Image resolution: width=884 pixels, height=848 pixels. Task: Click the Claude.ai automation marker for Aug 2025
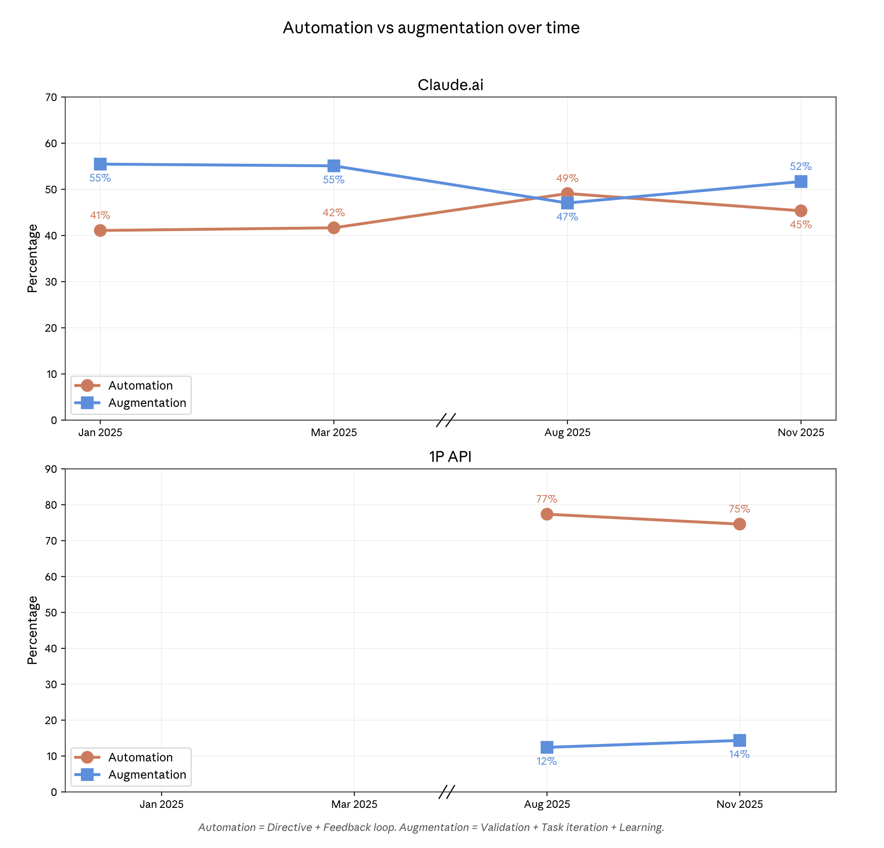pos(567,193)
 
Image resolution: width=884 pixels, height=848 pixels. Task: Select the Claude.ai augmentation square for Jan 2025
pos(100,164)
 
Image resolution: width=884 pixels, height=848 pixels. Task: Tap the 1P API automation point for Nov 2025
pos(739,524)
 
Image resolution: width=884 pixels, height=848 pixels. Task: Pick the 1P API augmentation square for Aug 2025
pos(547,747)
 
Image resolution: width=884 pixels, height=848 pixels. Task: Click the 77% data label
pos(547,499)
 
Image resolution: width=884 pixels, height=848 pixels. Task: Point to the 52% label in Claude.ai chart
pos(800,167)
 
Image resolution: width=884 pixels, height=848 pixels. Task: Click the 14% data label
pos(739,754)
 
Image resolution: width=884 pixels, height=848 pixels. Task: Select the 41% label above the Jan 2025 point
pos(100,215)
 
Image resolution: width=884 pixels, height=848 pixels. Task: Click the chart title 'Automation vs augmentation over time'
pos(431,28)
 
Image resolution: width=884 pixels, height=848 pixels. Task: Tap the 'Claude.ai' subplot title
pos(450,85)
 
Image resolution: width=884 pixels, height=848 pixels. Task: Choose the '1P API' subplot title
pos(450,457)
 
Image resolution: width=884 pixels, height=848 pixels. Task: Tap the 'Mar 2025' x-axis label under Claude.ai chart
pos(334,433)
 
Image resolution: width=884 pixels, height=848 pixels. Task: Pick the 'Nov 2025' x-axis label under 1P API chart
pos(739,805)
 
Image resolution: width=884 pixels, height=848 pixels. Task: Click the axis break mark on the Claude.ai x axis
pos(446,420)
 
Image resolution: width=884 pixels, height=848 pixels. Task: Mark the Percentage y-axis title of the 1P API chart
pos(32,630)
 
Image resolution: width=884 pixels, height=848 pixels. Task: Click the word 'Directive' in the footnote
pos(289,827)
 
